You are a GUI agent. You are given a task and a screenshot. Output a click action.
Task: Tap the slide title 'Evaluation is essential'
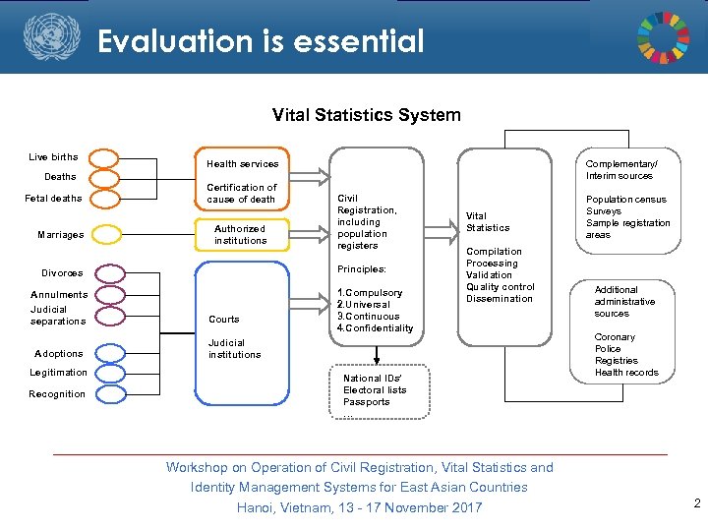261,41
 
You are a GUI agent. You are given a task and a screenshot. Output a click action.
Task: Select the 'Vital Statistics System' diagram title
366,115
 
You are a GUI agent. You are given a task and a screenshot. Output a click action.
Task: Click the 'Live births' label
53,156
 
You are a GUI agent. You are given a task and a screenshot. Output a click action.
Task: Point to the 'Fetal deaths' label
53,199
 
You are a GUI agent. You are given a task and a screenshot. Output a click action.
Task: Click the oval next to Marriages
105,235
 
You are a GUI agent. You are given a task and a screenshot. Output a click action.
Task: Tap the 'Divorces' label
62,272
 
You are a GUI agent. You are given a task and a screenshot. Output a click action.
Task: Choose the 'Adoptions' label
59,353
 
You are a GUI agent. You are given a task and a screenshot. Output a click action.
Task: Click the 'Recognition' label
57,394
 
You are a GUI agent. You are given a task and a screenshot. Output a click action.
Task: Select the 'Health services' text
242,164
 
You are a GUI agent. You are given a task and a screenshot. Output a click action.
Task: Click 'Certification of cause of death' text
241,193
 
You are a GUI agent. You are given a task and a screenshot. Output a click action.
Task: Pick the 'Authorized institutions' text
240,234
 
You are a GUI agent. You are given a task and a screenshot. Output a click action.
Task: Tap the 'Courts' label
224,319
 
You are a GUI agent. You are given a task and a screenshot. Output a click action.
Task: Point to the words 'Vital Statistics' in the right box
488,221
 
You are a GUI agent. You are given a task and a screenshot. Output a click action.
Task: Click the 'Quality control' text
500,287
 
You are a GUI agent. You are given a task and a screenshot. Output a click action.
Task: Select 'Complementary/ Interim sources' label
619,169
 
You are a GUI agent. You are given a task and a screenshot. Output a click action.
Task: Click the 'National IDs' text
373,378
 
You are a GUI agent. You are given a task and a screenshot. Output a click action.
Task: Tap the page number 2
696,503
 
